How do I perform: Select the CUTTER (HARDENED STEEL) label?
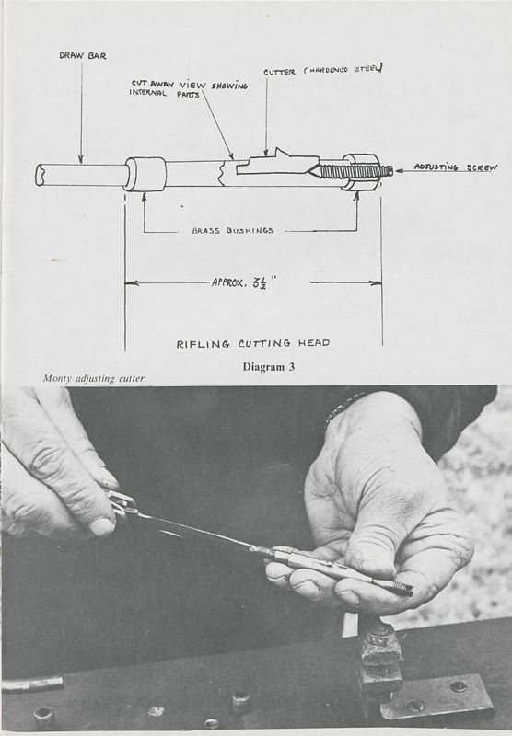point(322,70)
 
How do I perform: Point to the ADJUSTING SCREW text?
point(455,167)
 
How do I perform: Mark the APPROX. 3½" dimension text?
point(245,283)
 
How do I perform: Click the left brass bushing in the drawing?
point(145,174)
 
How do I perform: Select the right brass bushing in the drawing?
point(360,171)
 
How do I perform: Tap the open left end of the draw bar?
point(41,175)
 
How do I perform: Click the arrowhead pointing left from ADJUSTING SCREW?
point(398,168)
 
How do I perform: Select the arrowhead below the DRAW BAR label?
point(80,160)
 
